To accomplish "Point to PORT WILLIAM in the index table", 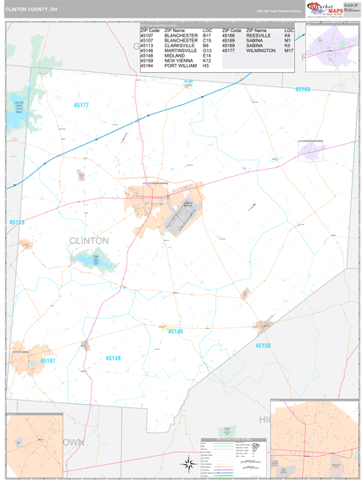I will pos(181,66).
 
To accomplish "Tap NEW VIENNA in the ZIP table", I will pos(178,61).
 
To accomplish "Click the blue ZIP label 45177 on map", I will pos(81,105).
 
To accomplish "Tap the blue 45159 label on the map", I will pos(264,346).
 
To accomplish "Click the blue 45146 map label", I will pos(175,331).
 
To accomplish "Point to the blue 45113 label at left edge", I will pos(18,222).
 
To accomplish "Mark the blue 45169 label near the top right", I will pos(302,90).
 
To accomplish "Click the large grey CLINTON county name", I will pos(89,240).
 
